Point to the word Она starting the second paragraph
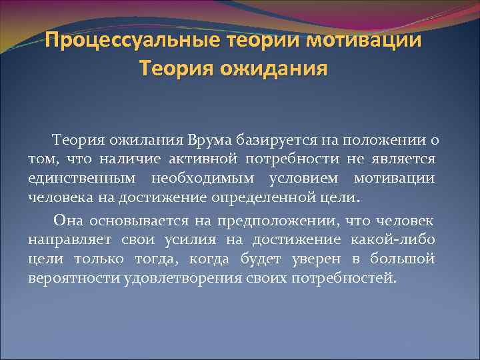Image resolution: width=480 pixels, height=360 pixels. click(x=68, y=219)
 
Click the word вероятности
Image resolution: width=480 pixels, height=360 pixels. click(x=74, y=277)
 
